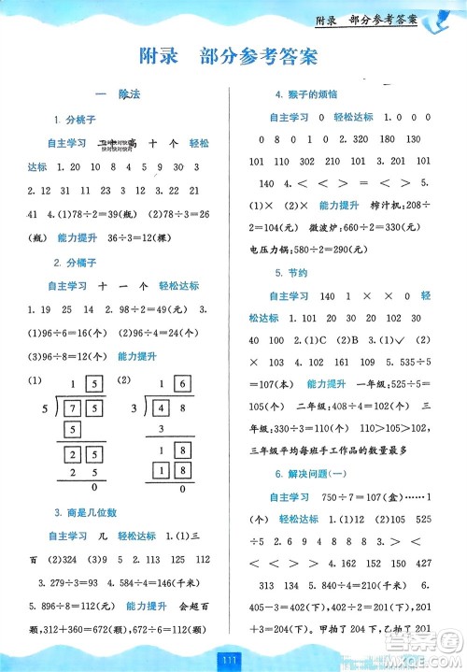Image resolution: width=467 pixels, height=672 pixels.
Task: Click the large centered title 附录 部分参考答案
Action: pos(233,56)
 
